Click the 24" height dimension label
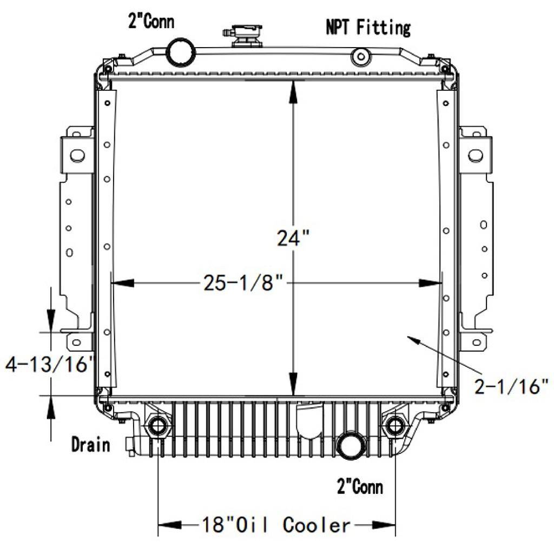point(293,238)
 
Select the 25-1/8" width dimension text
point(243,282)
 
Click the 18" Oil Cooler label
point(276,525)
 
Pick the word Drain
point(90,444)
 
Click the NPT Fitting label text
point(368,27)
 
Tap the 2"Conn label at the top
point(151,21)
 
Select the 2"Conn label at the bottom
point(360,486)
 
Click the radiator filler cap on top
point(246,36)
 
